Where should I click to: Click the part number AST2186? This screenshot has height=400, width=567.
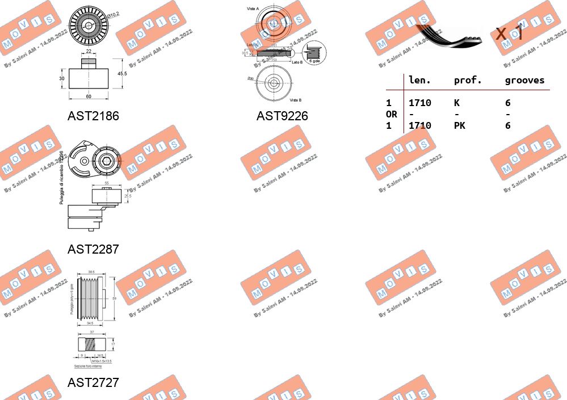click(x=93, y=116)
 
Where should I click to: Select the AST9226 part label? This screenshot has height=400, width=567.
click(x=282, y=116)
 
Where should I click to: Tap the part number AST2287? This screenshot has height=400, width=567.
click(x=93, y=249)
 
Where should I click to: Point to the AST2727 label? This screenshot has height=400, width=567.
click(x=93, y=382)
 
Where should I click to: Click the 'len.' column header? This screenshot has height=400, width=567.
click(x=419, y=81)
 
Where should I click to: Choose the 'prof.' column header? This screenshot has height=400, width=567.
click(x=468, y=81)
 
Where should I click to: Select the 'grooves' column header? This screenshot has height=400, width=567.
click(x=524, y=81)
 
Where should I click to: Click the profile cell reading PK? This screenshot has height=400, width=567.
click(x=459, y=125)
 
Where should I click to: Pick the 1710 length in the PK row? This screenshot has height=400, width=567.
click(x=419, y=125)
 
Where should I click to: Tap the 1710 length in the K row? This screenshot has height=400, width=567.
click(x=419, y=103)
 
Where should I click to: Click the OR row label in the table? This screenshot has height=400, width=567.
click(x=391, y=114)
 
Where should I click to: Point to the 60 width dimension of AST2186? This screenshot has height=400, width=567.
click(x=89, y=96)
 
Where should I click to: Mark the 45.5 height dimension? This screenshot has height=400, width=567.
click(x=122, y=73)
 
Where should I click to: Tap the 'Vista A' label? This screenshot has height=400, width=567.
click(x=253, y=9)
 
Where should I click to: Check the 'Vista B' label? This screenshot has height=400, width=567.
click(x=295, y=100)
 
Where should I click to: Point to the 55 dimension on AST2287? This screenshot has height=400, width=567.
click(x=107, y=183)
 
